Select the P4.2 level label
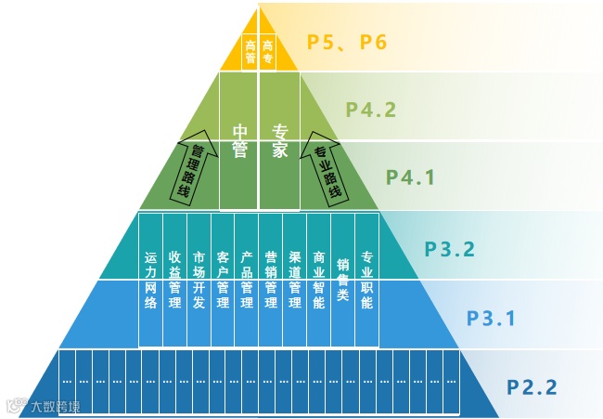[371, 110]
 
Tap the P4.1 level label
[410, 177]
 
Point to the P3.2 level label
[450, 249]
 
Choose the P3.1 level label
[489, 318]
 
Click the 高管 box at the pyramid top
[250, 52]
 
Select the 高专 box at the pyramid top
[269, 52]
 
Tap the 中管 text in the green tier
[239, 142]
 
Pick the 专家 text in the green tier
[279, 142]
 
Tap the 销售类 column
[343, 277]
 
